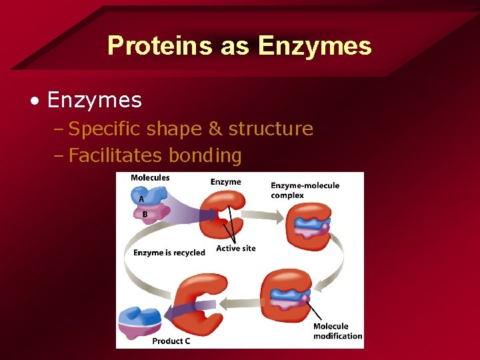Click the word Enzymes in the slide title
pyautogui.click(x=315, y=45)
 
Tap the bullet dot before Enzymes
pyautogui.click(x=34, y=101)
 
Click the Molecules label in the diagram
pyautogui.click(x=150, y=177)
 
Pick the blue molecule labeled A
pyautogui.click(x=151, y=195)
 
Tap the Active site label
pyautogui.click(x=235, y=249)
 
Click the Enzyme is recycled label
pyautogui.click(x=169, y=253)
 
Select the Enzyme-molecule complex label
pyautogui.click(x=305, y=190)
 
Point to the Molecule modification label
pyautogui.click(x=337, y=331)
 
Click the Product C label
pyautogui.click(x=171, y=341)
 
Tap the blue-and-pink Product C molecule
pyautogui.click(x=139, y=321)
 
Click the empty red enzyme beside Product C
pyautogui.click(x=200, y=305)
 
